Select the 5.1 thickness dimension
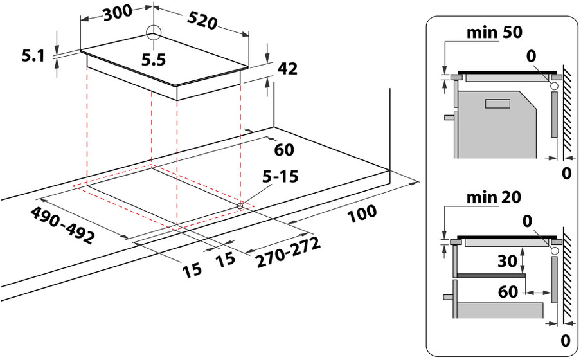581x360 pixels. click(x=32, y=57)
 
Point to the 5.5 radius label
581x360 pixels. click(x=154, y=60)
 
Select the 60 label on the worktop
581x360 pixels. click(x=283, y=150)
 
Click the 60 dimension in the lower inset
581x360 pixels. click(x=508, y=291)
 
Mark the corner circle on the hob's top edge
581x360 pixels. click(x=154, y=32)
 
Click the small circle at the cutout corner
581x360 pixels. click(x=240, y=206)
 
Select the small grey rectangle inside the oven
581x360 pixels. click(x=497, y=104)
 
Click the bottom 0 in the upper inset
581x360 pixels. click(x=566, y=173)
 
